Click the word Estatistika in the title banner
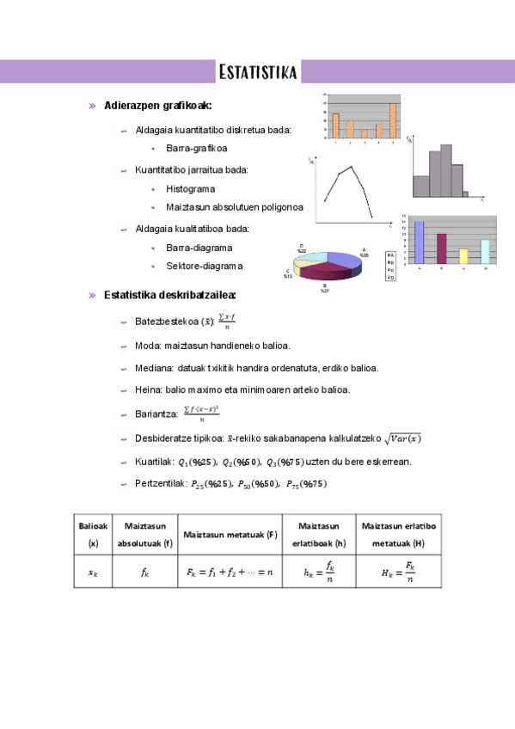pyautogui.click(x=258, y=70)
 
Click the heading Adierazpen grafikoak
pyautogui.click(x=157, y=106)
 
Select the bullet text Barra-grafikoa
pyautogui.click(x=197, y=149)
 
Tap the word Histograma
pyautogui.click(x=190, y=188)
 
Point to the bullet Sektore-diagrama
pyautogui.click(x=205, y=266)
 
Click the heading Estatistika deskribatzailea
pyautogui.click(x=169, y=295)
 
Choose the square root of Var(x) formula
pyautogui.click(x=402, y=438)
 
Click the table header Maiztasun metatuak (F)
pyautogui.click(x=230, y=535)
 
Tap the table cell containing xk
pyautogui.click(x=94, y=572)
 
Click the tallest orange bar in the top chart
pyautogui.click(x=393, y=121)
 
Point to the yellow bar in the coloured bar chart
pyautogui.click(x=463, y=255)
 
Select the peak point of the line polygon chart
pyautogui.click(x=350, y=168)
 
